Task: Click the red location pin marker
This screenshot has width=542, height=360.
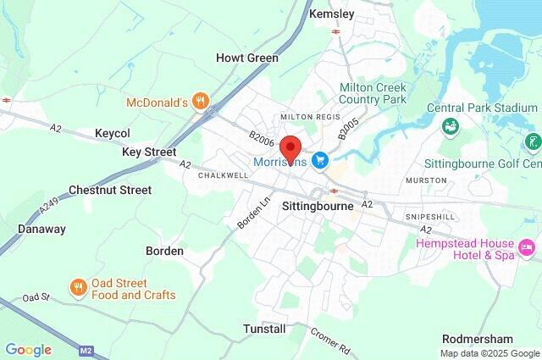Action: click(290, 148)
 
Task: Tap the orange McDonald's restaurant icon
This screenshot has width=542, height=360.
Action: click(200, 102)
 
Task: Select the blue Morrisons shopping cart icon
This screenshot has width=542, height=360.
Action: click(320, 159)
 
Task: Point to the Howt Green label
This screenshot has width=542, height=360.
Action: click(247, 58)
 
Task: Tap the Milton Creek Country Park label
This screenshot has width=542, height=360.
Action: click(373, 93)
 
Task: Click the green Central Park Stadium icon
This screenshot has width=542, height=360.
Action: click(451, 126)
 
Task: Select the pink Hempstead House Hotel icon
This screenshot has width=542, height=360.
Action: click(527, 247)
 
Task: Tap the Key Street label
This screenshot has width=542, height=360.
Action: click(148, 152)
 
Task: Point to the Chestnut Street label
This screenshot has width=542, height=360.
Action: click(110, 190)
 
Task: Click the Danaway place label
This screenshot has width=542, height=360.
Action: click(41, 229)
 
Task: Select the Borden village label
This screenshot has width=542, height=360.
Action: click(164, 251)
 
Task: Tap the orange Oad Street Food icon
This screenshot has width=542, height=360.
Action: click(79, 288)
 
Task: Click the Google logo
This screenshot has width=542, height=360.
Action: click(28, 350)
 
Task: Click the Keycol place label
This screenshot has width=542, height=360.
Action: click(113, 134)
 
